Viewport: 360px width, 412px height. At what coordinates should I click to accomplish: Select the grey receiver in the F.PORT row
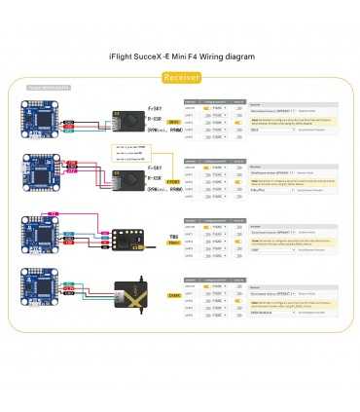[x=128, y=180]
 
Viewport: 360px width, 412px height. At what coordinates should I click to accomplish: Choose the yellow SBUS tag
[x=174, y=122]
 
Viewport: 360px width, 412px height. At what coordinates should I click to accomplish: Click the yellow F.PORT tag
[x=174, y=180]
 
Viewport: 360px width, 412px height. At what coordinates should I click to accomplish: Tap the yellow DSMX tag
[x=174, y=294]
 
